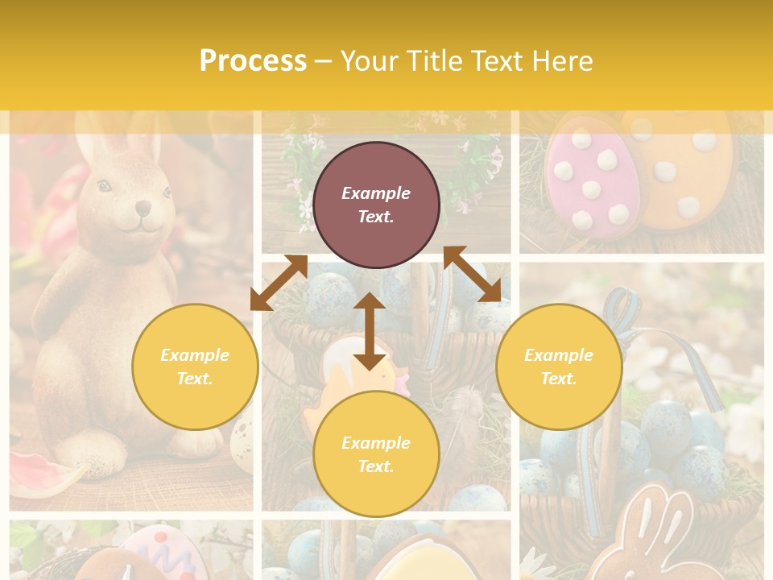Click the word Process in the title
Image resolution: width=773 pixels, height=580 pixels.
[253, 61]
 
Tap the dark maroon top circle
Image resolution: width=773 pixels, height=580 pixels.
[376, 205]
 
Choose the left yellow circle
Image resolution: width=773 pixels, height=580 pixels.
[195, 367]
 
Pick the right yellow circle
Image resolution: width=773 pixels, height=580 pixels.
[559, 367]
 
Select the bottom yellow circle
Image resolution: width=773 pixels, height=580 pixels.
[376, 454]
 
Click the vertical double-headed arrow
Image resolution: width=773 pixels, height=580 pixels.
[370, 331]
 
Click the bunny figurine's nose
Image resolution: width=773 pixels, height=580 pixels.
[142, 208]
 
